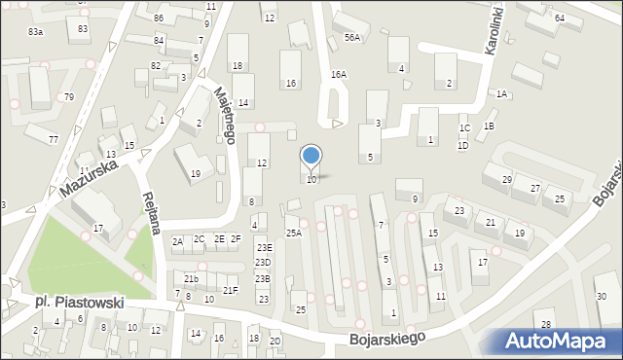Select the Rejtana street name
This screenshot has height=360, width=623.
coord(150,205)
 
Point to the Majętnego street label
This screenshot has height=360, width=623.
coord(225,114)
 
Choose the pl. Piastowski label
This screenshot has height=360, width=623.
coord(79,304)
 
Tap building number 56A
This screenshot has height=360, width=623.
coord(352,37)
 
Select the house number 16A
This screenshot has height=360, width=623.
coord(338,74)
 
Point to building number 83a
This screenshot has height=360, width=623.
coord(35,32)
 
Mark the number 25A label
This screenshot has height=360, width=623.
coord(293,233)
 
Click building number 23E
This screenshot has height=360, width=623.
coord(264,248)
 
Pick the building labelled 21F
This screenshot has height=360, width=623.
coord(230,290)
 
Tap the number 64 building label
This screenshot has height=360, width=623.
coord(560,18)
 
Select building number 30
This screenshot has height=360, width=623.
coord(601,296)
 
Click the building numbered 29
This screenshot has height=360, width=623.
coord(506,180)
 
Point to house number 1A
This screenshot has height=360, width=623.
coord(501,94)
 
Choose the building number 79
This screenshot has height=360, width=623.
coord(68,97)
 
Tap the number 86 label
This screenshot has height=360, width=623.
coord(158,18)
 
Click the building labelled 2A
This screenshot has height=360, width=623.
coord(177,240)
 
